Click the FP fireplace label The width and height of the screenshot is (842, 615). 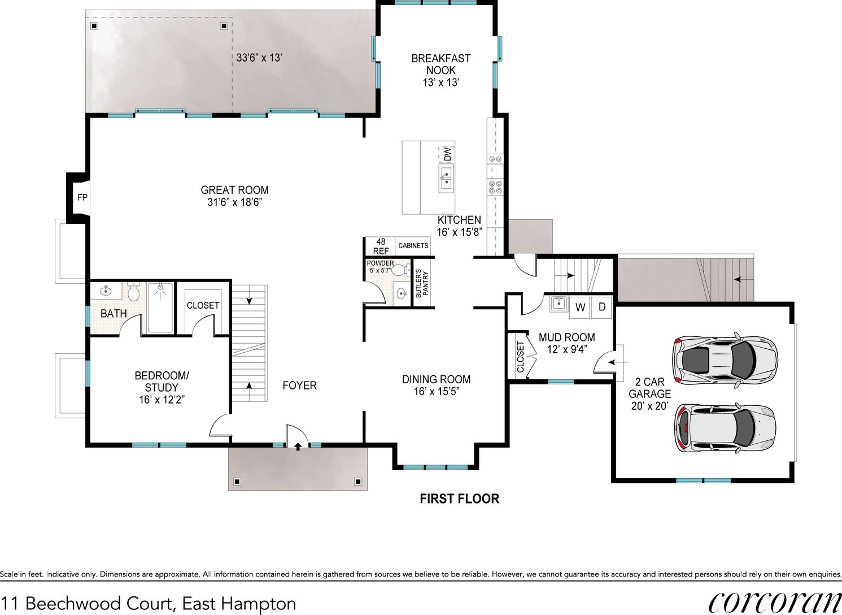[x=82, y=198]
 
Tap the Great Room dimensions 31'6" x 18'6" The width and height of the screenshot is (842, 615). [x=234, y=202]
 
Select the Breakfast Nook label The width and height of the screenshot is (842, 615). [x=440, y=64]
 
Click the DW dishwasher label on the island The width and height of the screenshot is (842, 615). [x=447, y=154]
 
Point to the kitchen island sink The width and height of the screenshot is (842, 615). [x=446, y=177]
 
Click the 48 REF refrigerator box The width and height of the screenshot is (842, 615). [x=380, y=246]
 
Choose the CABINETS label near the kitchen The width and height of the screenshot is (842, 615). [x=413, y=246]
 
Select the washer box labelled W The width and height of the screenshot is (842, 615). [x=580, y=307]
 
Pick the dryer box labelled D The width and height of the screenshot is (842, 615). [x=602, y=307]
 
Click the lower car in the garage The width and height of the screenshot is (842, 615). [x=725, y=428]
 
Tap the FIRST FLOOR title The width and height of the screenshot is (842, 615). [x=459, y=499]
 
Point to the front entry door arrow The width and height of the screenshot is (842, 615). [x=297, y=446]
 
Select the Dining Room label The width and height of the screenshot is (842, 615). [x=436, y=379]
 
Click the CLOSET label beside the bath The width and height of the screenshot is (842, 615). [x=203, y=305]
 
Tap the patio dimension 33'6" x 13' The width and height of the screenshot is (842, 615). [x=259, y=58]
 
